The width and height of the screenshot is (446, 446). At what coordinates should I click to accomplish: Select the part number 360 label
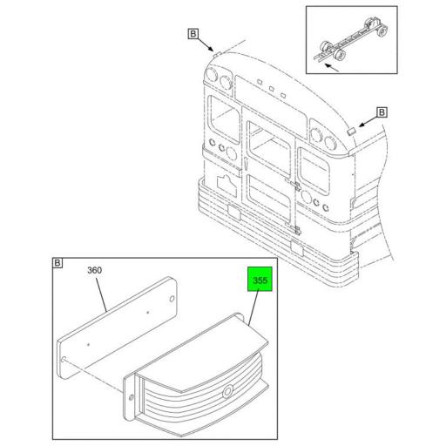[x=95, y=270]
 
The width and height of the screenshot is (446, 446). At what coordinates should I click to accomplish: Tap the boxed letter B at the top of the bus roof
[x=193, y=34]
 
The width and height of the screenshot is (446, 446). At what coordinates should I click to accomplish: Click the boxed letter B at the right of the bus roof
[x=382, y=112]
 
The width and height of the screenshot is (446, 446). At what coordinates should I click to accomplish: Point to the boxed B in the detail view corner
[x=57, y=263]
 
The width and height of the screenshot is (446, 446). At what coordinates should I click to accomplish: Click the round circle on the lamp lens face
[x=227, y=392]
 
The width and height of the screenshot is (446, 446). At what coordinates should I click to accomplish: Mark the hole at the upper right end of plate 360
[x=172, y=299]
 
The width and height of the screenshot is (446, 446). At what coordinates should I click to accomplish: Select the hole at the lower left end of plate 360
[x=64, y=359]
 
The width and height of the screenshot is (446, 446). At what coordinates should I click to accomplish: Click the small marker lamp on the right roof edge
[x=351, y=131]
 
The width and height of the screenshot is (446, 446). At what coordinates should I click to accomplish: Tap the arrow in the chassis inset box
[x=331, y=67]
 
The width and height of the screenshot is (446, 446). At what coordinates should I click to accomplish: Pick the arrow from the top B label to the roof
[x=206, y=44]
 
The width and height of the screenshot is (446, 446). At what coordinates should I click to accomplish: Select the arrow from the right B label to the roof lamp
[x=368, y=121]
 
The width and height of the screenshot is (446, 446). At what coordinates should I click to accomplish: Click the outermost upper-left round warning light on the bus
[x=212, y=76]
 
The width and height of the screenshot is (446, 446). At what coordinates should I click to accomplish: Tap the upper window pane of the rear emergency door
[x=269, y=150]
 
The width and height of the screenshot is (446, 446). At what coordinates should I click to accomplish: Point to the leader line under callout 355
[x=253, y=307]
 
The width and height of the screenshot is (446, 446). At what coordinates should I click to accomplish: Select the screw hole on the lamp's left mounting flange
[x=131, y=397]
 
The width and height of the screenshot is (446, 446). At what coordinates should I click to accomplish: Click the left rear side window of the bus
[x=224, y=119]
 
